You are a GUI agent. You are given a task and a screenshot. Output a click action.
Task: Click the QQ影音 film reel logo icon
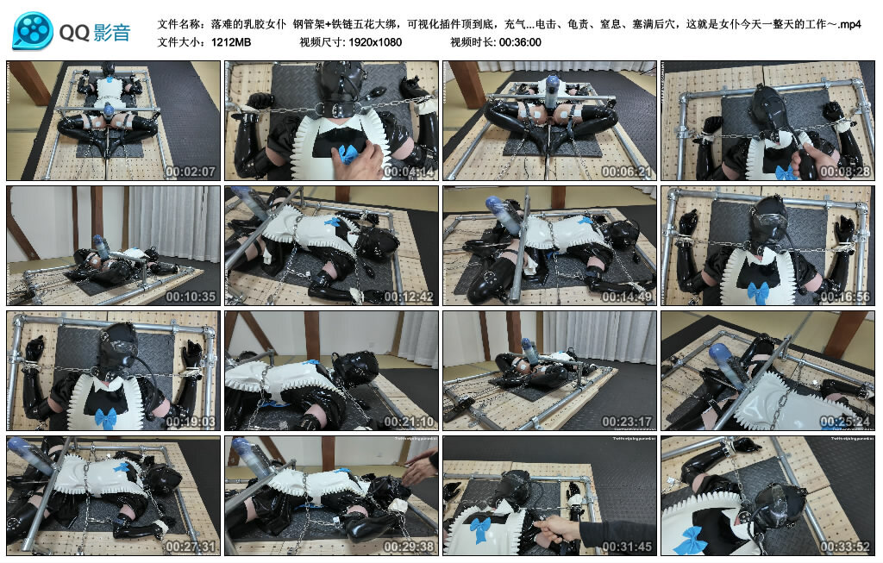click(33, 31)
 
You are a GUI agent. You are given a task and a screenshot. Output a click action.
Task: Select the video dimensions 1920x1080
click(375, 42)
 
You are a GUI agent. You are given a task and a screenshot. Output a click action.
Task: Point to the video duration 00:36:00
click(518, 42)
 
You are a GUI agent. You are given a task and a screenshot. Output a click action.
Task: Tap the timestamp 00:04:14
click(408, 172)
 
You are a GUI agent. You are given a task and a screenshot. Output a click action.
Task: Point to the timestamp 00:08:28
click(845, 172)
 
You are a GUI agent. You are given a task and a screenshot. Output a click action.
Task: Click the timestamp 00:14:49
click(626, 297)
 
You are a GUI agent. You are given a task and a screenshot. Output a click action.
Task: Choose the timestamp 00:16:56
click(845, 297)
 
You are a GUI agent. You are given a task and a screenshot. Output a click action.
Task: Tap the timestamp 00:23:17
click(626, 422)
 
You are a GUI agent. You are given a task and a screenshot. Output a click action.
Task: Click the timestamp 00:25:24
click(845, 422)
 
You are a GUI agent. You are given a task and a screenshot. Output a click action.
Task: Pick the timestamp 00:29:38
click(408, 546)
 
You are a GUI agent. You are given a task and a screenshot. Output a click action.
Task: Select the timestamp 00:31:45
click(626, 546)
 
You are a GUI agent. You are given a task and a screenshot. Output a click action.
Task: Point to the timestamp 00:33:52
click(845, 546)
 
